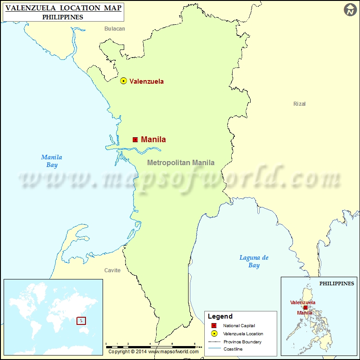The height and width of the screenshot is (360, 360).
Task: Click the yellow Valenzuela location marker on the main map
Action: coord(123,81)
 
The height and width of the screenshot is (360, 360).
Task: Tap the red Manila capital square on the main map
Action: coord(135,139)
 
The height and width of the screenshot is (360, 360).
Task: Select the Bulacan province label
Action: coord(115,29)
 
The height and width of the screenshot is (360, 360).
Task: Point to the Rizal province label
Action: coord(299,104)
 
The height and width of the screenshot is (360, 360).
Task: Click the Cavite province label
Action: coord(112,270)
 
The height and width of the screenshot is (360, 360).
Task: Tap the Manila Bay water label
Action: coord(51,161)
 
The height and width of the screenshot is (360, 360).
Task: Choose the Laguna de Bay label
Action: coord(254,261)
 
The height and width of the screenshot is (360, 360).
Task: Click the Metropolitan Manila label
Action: coord(181,163)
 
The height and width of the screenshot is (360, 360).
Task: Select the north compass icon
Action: coord(350,10)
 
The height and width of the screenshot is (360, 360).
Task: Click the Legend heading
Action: coord(220,316)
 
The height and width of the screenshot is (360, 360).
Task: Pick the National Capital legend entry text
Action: coord(238,325)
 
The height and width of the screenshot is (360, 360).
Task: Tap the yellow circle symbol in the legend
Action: coord(214,333)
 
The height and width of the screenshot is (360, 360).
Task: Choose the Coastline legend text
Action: coord(233,349)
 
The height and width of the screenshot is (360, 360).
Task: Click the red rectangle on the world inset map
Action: coord(81,321)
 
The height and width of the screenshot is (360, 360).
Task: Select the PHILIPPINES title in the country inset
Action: coord(337,283)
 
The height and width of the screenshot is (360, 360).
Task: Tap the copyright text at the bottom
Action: coord(153,352)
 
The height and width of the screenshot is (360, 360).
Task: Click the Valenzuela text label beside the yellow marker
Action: coord(147,81)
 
